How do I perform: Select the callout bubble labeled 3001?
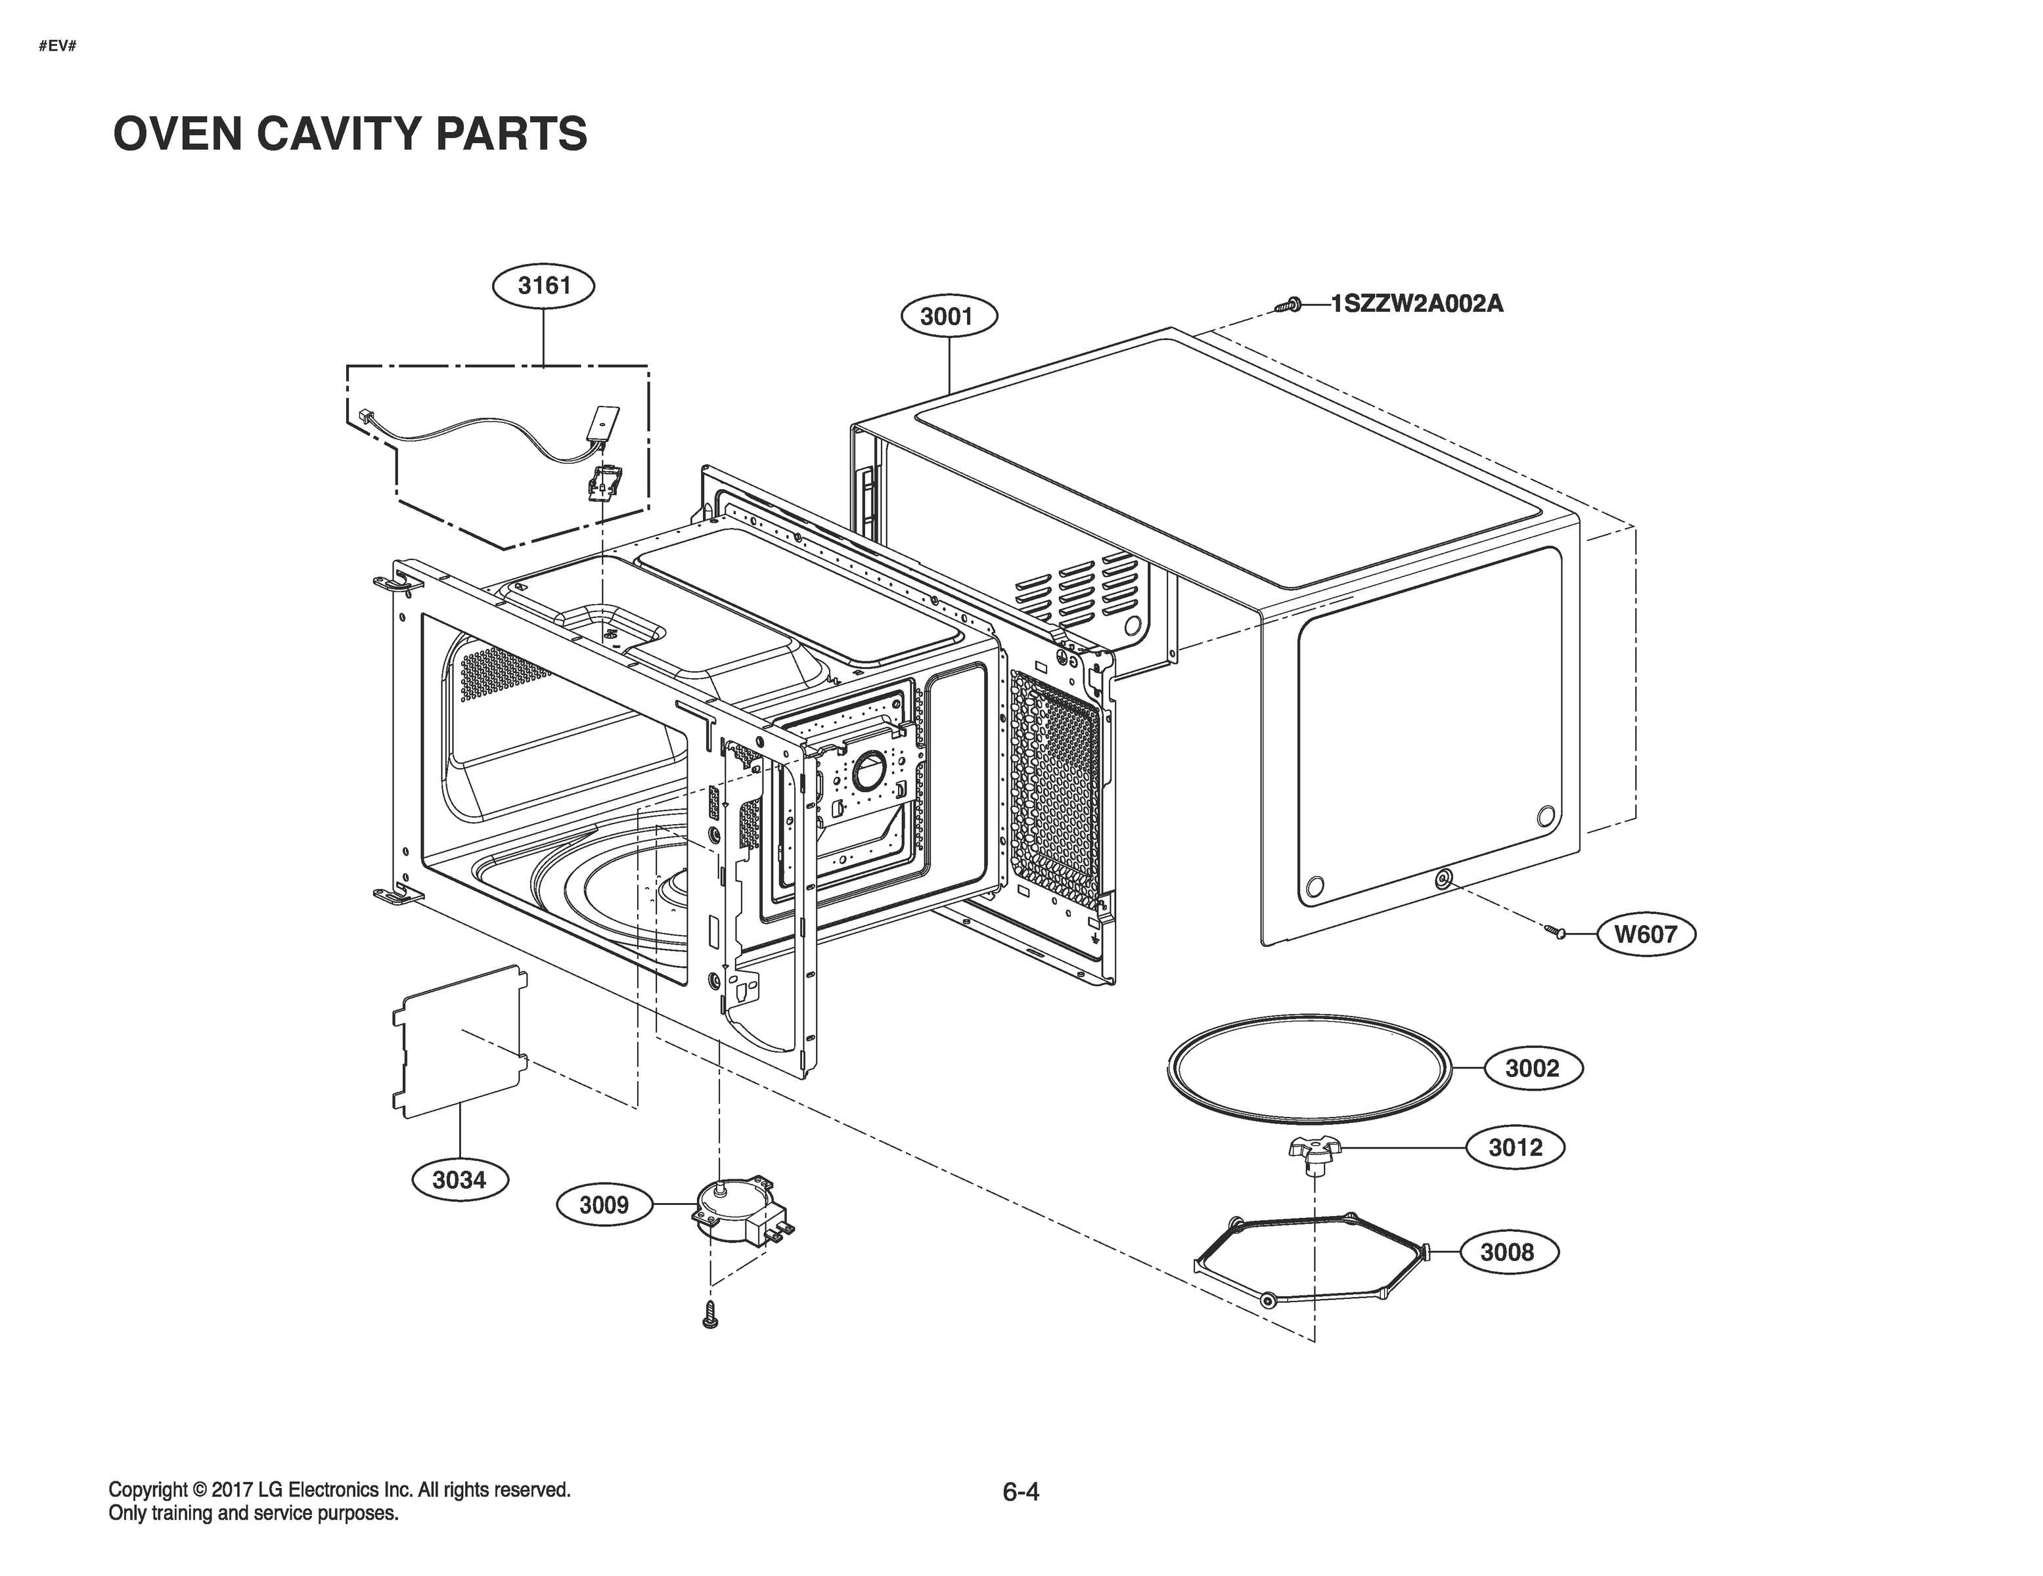coord(949,316)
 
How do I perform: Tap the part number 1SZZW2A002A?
coord(1416,304)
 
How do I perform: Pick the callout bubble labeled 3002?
coord(1532,1068)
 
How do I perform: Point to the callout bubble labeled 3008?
coord(1507,1252)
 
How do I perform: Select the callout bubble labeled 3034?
coord(459,1179)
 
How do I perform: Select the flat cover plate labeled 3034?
coord(459,1040)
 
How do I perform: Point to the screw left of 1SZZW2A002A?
coord(1288,305)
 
